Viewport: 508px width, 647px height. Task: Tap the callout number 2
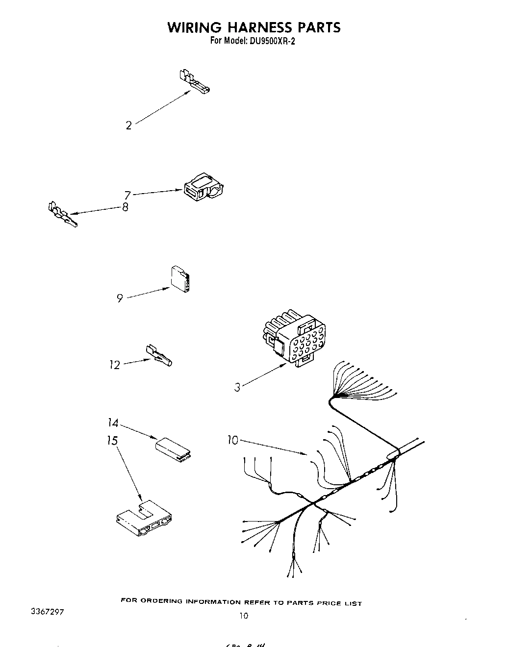click(128, 126)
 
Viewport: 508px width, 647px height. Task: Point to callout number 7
click(127, 195)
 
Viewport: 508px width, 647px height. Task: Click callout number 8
click(125, 207)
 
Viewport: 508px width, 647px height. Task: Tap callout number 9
click(120, 298)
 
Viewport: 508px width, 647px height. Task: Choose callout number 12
click(114, 365)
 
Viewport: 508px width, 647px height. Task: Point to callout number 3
click(237, 387)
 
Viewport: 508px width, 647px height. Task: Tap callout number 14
click(113, 423)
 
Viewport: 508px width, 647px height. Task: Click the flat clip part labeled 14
click(173, 449)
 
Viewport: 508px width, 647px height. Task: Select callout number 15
click(112, 441)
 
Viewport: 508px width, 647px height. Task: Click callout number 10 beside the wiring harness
click(232, 440)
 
